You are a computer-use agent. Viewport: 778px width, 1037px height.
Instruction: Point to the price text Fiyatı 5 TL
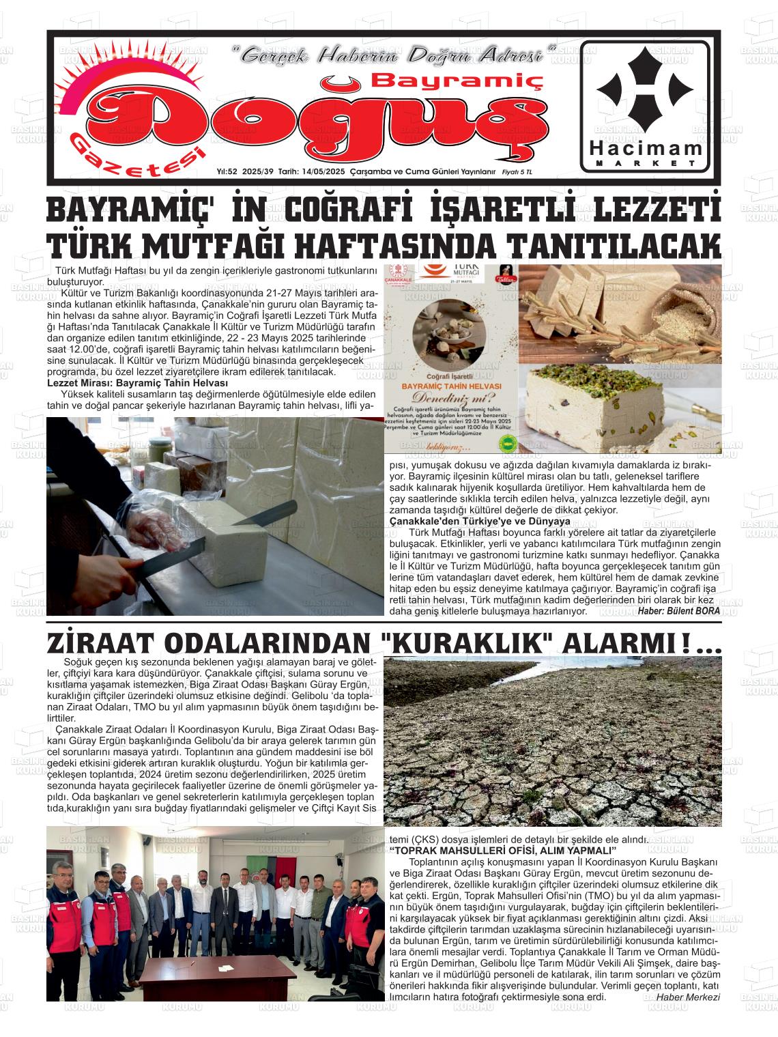click(x=517, y=172)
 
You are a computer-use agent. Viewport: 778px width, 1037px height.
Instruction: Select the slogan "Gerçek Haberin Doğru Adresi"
click(x=394, y=55)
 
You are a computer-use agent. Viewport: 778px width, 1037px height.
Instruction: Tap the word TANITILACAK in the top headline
click(x=616, y=244)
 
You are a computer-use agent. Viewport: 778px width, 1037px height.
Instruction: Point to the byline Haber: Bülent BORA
click(x=678, y=611)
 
